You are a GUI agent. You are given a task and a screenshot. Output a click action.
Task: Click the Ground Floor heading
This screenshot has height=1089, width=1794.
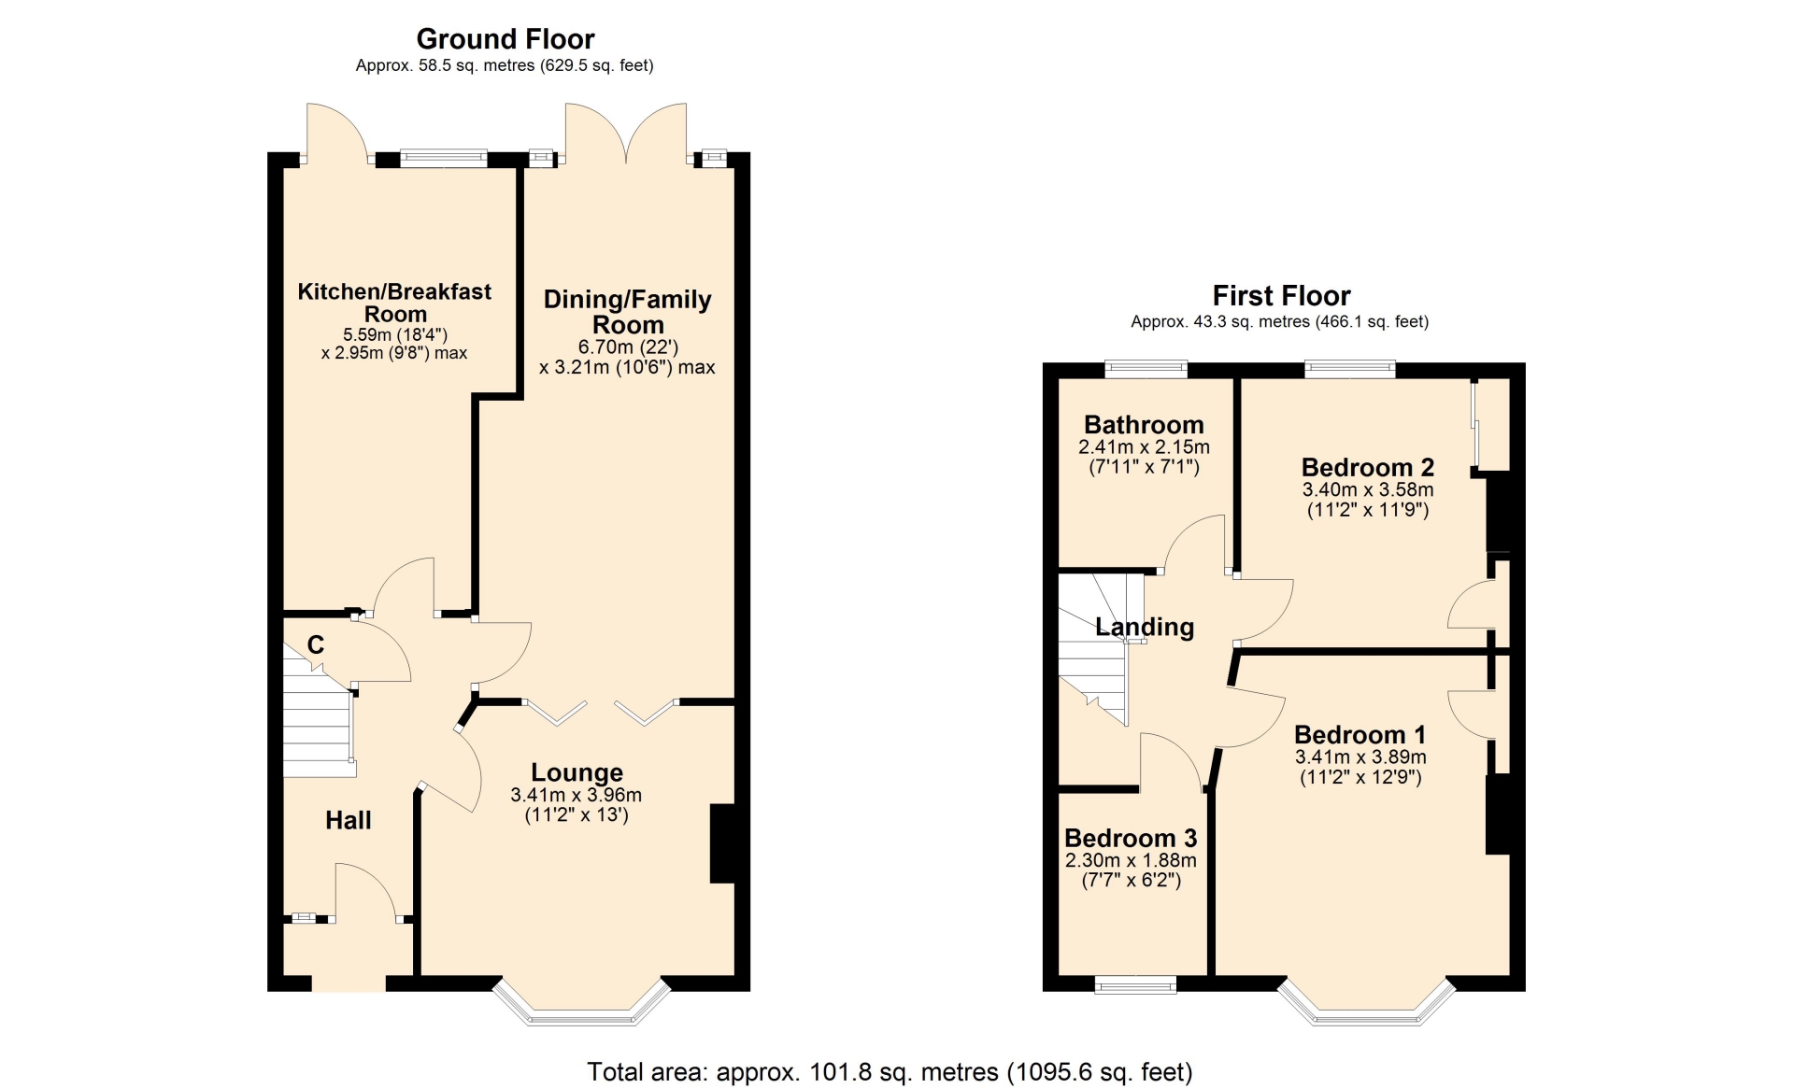(505, 39)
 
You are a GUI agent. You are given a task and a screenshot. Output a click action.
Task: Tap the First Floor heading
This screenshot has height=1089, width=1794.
(1281, 296)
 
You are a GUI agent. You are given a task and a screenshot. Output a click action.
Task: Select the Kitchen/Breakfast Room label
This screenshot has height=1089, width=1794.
(394, 303)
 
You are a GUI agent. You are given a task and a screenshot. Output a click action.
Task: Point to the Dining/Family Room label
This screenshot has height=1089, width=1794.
(628, 312)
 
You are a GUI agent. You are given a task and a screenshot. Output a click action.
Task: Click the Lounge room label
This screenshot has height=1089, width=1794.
(577, 772)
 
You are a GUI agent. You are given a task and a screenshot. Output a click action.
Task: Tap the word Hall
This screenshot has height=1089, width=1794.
(349, 820)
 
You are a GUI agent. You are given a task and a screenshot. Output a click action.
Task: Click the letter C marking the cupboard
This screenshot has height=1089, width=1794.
(316, 644)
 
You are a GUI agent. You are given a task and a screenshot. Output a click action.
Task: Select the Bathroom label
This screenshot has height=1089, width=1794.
(1144, 425)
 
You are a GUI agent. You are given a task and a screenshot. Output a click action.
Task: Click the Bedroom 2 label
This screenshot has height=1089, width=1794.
(1368, 467)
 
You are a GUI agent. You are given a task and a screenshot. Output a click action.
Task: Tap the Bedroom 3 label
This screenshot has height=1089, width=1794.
(1131, 838)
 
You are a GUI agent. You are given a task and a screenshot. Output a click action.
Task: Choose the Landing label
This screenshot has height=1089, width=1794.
(1145, 627)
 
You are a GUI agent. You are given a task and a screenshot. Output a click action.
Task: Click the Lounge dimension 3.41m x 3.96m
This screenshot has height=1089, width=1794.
(577, 796)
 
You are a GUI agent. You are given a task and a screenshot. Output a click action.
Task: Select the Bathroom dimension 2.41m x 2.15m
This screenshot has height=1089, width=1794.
(1144, 447)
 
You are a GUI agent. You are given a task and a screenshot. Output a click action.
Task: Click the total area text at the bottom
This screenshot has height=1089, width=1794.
(890, 1071)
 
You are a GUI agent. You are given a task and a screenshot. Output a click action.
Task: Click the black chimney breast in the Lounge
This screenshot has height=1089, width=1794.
(723, 843)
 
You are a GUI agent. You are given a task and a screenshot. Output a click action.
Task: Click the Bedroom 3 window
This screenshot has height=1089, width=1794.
(1136, 984)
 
